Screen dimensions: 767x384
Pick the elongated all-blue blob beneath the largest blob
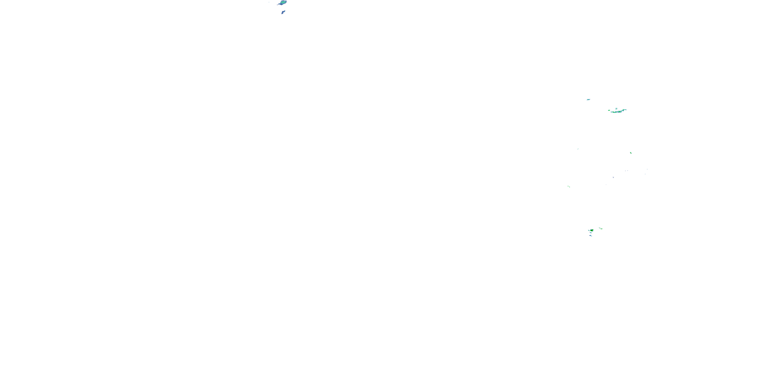[x=283, y=13]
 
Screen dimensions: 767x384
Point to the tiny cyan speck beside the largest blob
[x=269, y=2]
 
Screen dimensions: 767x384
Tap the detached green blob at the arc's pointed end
[x=609, y=110]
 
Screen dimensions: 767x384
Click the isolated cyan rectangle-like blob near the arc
[x=588, y=100]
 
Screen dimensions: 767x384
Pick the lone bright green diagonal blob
[x=631, y=153]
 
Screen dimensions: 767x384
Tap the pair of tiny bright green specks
[x=569, y=187]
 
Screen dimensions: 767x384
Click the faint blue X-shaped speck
[x=613, y=177]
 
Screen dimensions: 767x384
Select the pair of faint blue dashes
[x=626, y=171]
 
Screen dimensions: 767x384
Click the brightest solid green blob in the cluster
[x=592, y=230]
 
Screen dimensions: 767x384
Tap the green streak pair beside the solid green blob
[x=601, y=228]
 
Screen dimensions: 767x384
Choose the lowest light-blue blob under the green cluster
[x=590, y=236]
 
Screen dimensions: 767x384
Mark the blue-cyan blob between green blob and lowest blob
[x=591, y=233]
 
